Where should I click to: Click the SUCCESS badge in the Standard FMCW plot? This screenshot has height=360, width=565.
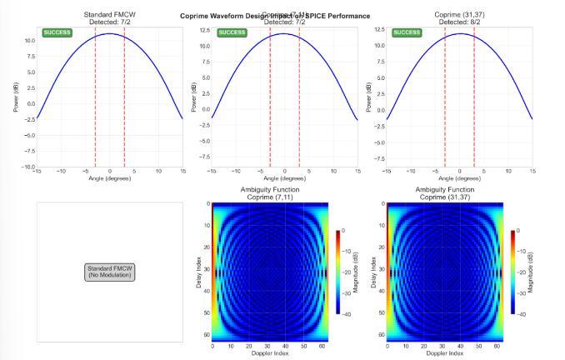pos(57,32)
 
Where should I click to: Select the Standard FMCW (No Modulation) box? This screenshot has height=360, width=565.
pos(109,272)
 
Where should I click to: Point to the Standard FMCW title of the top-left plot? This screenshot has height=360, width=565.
pos(109,15)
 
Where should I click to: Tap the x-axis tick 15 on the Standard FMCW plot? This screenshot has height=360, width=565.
pos(182,172)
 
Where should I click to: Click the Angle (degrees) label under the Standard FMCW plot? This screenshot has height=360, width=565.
pos(109,178)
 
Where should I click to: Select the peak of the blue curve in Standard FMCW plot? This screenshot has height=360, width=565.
pos(109,33)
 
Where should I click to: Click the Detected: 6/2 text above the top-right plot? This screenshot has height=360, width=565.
pos(459,22)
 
